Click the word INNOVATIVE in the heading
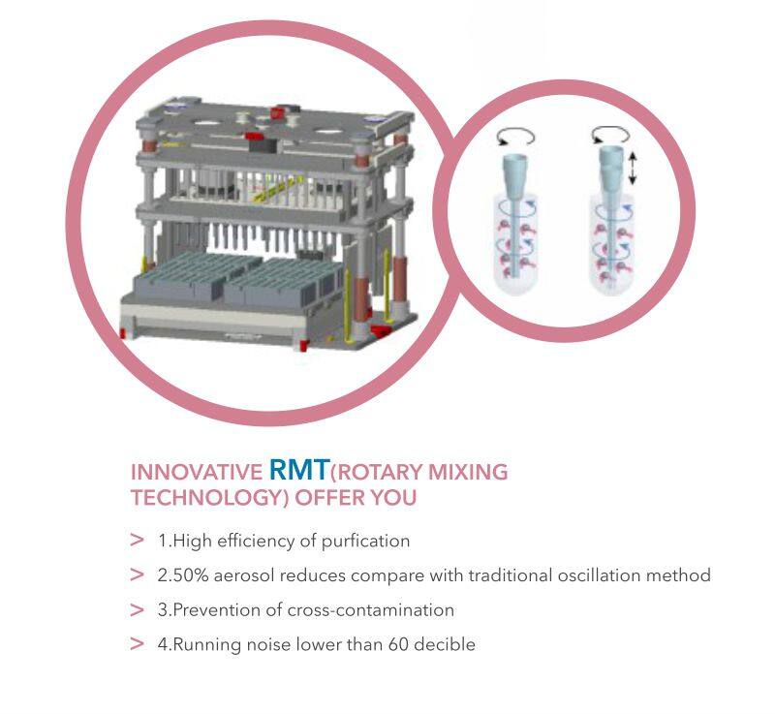pyautogui.click(x=197, y=474)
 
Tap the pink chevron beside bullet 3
pyautogui.click(x=137, y=610)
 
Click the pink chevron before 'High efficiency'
pyautogui.click(x=137, y=541)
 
